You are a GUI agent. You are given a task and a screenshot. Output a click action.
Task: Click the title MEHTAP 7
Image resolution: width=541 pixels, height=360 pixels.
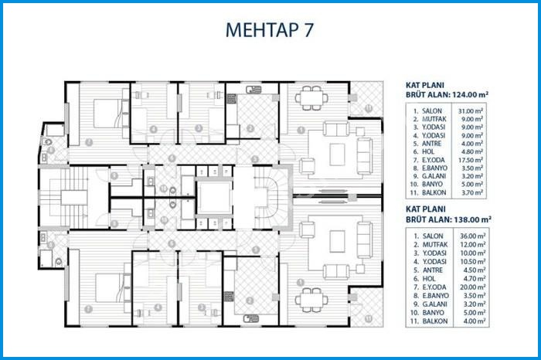[x=270, y=30]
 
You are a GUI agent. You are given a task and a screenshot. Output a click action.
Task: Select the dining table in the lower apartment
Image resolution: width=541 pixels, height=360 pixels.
[x=312, y=297]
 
